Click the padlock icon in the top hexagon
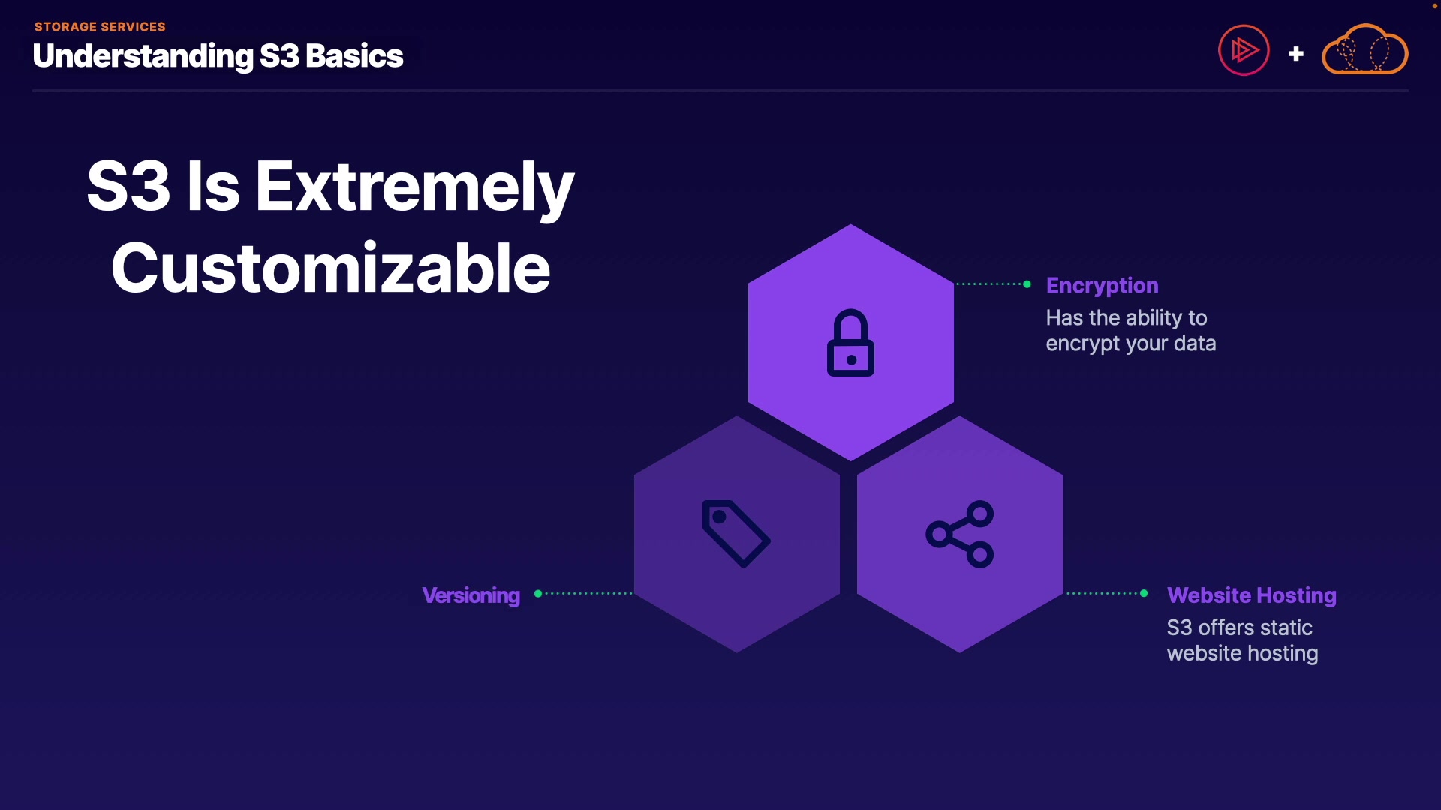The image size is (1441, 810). coord(850,343)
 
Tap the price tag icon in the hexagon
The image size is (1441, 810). coord(736,533)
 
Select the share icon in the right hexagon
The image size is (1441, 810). coord(960,534)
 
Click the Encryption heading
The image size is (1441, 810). coord(1102,286)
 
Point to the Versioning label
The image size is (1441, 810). coord(471,595)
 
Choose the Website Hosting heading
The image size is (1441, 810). coord(1252,595)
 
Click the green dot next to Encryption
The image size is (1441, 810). coord(1027,284)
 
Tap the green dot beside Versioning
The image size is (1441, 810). coord(538,594)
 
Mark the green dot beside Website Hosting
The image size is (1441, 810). coord(1144,594)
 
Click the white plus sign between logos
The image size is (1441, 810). coord(1296,54)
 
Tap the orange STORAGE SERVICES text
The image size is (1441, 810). coord(100,27)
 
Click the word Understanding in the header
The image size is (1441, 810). coord(143,57)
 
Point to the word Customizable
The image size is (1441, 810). coord(331,268)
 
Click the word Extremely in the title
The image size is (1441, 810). coord(415,187)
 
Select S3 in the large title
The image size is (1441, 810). coord(129,185)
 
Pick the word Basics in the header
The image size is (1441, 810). coord(354,56)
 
